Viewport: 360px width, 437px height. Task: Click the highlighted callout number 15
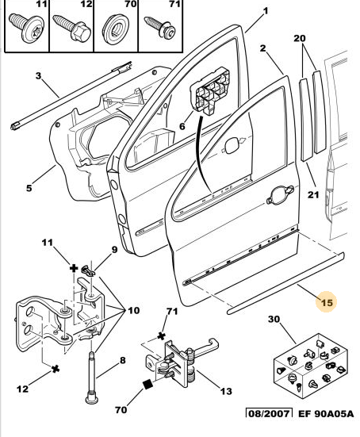[327, 302]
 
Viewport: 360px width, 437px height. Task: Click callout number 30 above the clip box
[274, 319]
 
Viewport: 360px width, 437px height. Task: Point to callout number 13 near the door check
[226, 391]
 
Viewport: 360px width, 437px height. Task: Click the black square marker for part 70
[148, 385]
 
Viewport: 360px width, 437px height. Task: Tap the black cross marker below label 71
[161, 335]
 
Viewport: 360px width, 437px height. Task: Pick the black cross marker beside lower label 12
[56, 369]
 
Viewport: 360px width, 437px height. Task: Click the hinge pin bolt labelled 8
[92, 377]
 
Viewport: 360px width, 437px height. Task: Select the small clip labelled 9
[88, 270]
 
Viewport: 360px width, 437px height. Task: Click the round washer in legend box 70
[116, 29]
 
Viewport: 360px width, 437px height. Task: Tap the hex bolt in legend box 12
[72, 27]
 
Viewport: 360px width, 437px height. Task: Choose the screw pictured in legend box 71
[159, 27]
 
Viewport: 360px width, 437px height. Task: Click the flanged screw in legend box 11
[27, 28]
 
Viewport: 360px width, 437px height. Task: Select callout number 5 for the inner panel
[29, 188]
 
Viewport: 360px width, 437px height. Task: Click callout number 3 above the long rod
[38, 75]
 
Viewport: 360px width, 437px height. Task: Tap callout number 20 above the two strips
[299, 38]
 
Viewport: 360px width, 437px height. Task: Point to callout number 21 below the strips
[313, 194]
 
